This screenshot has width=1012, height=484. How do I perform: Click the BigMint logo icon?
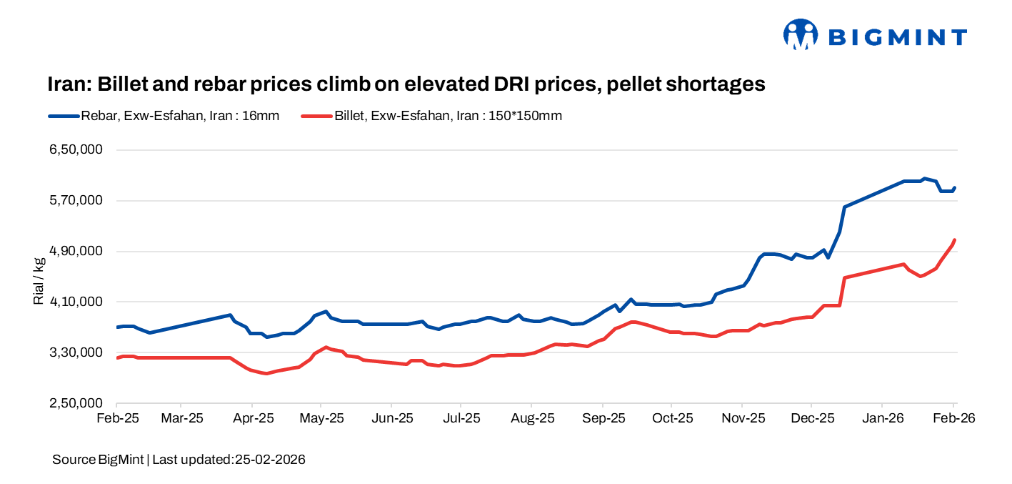click(x=800, y=34)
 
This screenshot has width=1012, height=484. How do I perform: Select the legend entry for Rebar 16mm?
click(x=164, y=116)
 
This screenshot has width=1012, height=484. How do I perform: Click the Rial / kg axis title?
click(x=39, y=277)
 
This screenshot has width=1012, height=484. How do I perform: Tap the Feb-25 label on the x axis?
click(x=116, y=418)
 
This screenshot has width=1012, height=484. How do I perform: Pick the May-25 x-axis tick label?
click(x=325, y=418)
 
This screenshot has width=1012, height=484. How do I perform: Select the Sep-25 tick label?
click(x=603, y=418)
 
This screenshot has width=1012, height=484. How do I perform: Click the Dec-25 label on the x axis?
click(x=812, y=418)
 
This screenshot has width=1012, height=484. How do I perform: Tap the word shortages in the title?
click(x=715, y=84)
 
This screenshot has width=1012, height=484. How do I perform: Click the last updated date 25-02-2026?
click(x=270, y=460)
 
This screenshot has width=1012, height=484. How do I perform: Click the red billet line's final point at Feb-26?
click(x=955, y=240)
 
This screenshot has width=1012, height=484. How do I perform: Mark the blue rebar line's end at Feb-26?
click(x=955, y=187)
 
